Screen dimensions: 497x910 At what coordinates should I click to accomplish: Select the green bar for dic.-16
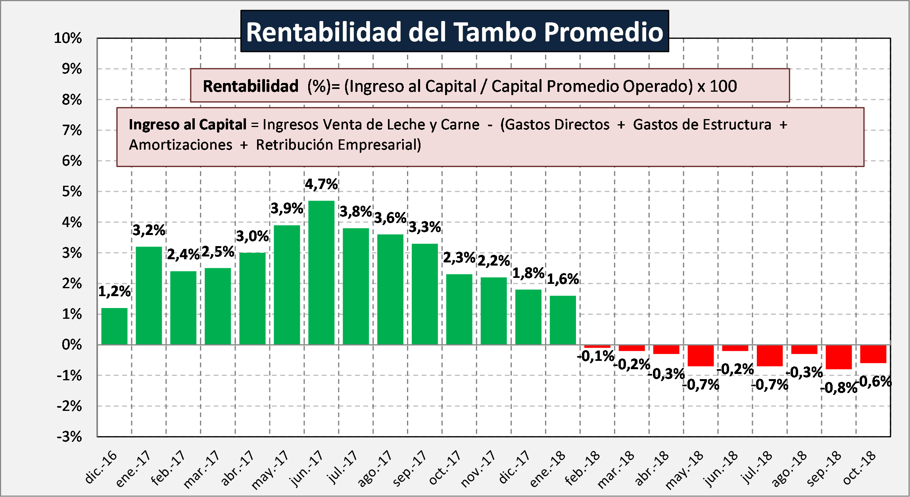[114, 326]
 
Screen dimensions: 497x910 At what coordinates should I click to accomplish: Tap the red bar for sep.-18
[839, 357]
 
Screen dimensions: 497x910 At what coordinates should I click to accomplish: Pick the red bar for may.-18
[701, 355]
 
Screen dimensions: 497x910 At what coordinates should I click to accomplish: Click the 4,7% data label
[321, 184]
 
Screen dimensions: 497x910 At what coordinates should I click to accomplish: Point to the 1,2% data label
[114, 291]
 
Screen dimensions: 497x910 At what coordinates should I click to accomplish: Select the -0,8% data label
[839, 387]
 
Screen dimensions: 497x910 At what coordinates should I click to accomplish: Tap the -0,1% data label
[596, 356]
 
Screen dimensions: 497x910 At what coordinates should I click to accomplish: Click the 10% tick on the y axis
[68, 38]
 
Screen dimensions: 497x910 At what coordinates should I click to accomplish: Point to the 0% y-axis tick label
[72, 345]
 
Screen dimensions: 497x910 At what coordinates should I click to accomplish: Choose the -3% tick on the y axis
[69, 437]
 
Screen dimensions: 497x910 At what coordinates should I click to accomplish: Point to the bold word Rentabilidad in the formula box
[250, 86]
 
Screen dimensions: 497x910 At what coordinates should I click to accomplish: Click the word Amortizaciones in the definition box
[180, 145]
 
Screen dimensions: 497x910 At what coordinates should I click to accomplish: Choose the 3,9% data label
[287, 208]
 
